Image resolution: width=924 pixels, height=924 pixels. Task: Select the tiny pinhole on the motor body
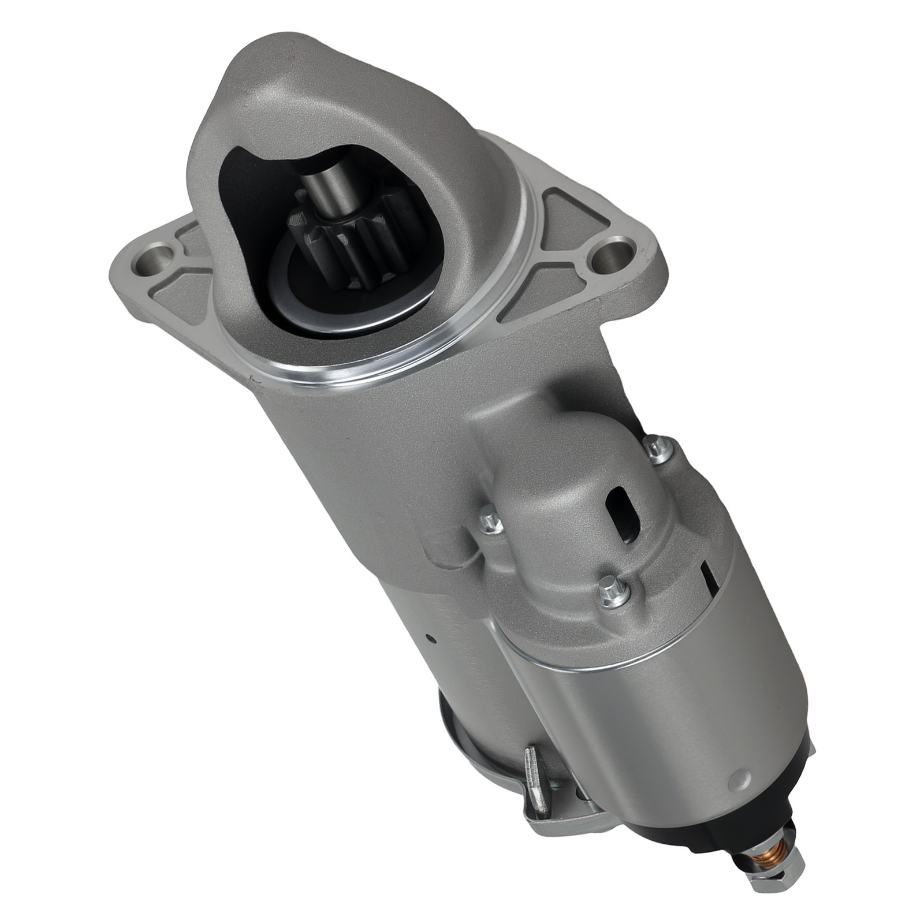[x=428, y=638]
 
